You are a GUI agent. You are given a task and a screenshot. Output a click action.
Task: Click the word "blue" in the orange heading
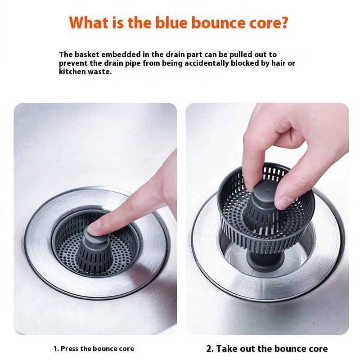[x=168, y=22]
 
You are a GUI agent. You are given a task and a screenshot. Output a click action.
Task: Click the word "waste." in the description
[x=99, y=72]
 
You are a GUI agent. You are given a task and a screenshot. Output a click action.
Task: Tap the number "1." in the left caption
[x=56, y=348]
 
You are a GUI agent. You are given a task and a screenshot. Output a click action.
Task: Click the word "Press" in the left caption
[x=70, y=348]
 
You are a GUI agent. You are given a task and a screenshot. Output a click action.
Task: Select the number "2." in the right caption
[x=210, y=348]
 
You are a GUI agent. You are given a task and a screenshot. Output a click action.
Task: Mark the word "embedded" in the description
[x=118, y=54]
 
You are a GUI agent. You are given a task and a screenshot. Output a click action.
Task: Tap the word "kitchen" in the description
[x=72, y=72]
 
